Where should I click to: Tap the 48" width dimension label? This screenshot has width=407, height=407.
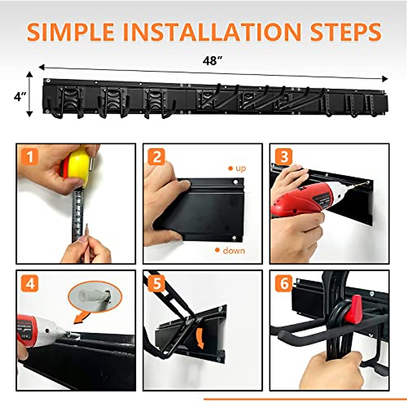(x=212, y=61)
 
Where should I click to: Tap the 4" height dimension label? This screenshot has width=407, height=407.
(x=20, y=97)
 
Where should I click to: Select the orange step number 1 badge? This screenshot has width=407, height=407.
(x=30, y=157)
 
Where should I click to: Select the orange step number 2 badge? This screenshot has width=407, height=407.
(x=157, y=157)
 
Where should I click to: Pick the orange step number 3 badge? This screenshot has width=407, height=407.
(x=284, y=157)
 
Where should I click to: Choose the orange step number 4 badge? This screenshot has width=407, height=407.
(x=30, y=284)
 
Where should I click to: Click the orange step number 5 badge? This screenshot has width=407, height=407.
(x=157, y=284)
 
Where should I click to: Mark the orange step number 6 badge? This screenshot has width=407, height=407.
(x=284, y=284)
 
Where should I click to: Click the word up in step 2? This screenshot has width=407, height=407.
(x=240, y=168)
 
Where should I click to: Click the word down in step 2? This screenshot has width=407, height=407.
(x=234, y=251)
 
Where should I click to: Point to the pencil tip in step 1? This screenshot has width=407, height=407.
(x=86, y=226)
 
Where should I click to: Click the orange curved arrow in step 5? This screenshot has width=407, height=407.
(x=200, y=339)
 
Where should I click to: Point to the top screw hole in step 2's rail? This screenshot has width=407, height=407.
(x=235, y=182)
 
